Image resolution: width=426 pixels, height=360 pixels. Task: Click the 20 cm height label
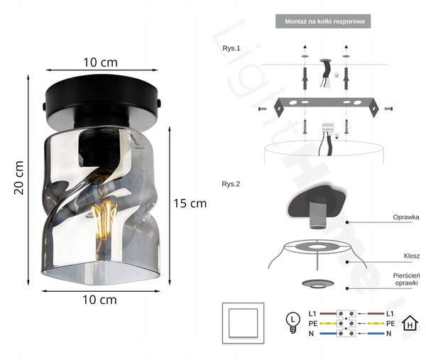point(19,178)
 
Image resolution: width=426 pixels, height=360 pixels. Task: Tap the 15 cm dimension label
point(190,204)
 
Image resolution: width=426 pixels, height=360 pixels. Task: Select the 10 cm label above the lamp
point(101,62)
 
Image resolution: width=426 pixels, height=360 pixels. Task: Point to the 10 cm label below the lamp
point(99,300)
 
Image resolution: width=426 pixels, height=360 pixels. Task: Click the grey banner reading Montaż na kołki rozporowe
point(323,21)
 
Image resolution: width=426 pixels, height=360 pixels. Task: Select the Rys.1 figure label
point(231,48)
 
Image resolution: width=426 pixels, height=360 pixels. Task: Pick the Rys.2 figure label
point(231,184)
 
